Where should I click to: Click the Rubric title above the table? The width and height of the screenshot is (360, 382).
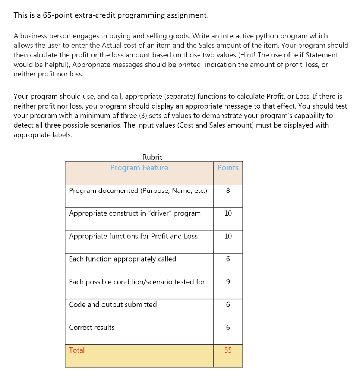click(152, 157)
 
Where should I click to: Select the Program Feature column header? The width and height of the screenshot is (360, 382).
click(139, 168)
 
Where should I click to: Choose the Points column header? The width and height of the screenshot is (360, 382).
click(228, 168)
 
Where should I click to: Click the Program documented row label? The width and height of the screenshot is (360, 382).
click(138, 191)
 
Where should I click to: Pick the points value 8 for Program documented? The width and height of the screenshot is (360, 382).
click(228, 191)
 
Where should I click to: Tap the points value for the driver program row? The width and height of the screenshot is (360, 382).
click(228, 213)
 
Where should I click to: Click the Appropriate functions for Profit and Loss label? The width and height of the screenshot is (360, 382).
click(133, 236)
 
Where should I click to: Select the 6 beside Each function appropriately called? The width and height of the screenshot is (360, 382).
click(228, 259)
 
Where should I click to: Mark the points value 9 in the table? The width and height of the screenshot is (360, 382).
click(228, 282)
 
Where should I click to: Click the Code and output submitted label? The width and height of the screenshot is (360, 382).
click(113, 304)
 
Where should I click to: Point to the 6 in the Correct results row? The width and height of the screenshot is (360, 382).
click(228, 328)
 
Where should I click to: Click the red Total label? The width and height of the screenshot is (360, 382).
click(77, 350)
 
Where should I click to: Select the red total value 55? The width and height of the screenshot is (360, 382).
click(228, 350)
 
